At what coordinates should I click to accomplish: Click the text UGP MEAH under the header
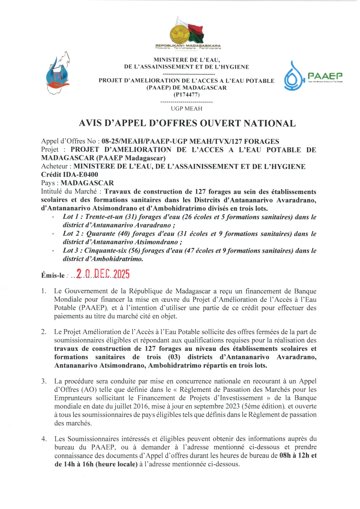(186, 109)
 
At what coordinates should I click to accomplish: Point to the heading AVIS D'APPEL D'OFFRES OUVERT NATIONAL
(187, 123)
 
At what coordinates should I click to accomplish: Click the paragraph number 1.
(43, 291)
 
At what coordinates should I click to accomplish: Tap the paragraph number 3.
(43, 381)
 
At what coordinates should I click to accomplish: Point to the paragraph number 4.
(43, 439)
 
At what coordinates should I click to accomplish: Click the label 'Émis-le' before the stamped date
(53, 276)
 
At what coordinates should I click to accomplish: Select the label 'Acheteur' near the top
(56, 166)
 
